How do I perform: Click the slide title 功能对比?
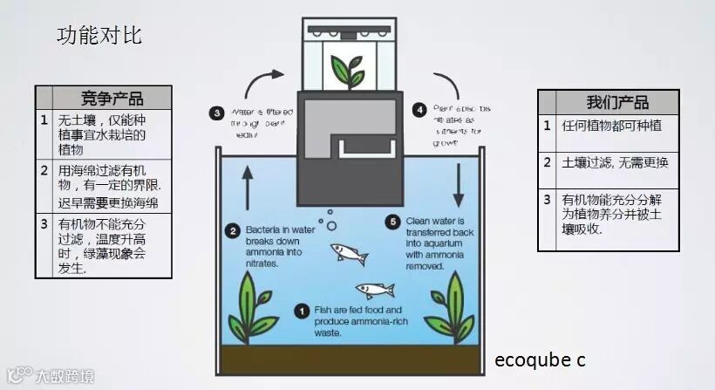pyautogui.click(x=99, y=36)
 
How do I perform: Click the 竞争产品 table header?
pyautogui.click(x=111, y=98)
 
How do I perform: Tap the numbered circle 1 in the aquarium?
pyautogui.click(x=302, y=310)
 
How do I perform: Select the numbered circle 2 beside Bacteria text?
pyautogui.click(x=233, y=231)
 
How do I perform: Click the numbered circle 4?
pyautogui.click(x=420, y=110)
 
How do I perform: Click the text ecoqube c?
pyautogui.click(x=539, y=359)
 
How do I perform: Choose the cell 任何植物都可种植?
pyautogui.click(x=613, y=126)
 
